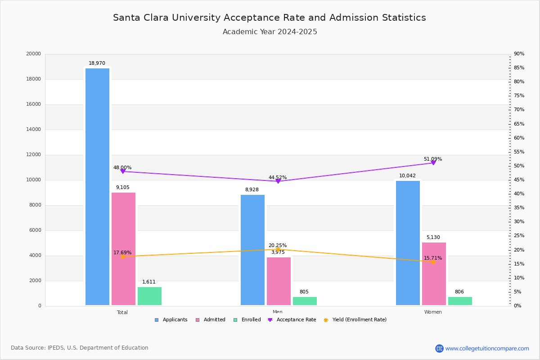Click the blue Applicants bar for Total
click(x=97, y=187)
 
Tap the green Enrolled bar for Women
click(x=460, y=301)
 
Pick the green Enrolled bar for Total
click(x=149, y=296)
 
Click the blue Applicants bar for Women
click(x=408, y=243)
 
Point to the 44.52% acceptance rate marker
click(x=278, y=181)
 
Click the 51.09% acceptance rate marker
click(x=433, y=163)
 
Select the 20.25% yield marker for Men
click(x=278, y=250)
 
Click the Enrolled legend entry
click(x=247, y=320)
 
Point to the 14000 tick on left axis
click(x=33, y=130)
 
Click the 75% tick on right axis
click(x=519, y=96)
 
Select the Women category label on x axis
click(x=433, y=312)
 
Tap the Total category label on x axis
click(x=122, y=312)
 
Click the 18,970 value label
click(x=97, y=63)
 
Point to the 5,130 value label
click(x=433, y=238)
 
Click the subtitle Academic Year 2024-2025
click(x=270, y=32)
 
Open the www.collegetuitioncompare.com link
click(x=487, y=348)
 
